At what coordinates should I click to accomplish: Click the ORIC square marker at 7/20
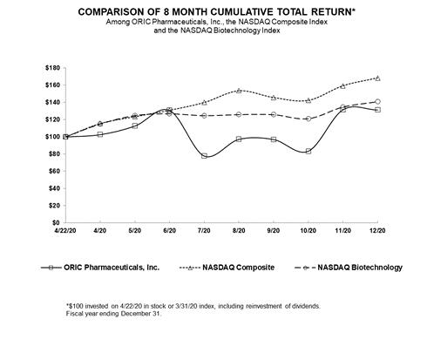point(204,156)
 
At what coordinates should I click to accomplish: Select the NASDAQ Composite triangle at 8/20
point(239,91)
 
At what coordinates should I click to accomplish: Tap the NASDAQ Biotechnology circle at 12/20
point(377,102)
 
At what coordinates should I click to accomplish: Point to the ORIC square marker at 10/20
point(309,152)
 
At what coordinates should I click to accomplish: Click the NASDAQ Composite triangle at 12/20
point(377,78)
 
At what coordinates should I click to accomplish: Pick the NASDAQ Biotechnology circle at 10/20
point(309,119)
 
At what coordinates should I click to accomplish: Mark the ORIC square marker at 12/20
point(377,110)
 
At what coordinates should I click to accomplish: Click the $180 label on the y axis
point(52,68)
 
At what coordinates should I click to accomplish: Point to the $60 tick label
point(54,171)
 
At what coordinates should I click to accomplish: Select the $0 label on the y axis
point(56,223)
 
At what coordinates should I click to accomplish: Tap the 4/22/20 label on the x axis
point(65,231)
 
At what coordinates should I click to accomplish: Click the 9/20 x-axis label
point(274,231)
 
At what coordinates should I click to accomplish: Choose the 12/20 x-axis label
point(377,231)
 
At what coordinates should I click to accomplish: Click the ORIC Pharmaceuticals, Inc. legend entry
point(100,268)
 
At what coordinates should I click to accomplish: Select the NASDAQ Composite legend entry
point(227,268)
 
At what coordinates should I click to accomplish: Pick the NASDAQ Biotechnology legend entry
point(349,268)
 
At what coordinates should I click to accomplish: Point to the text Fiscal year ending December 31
point(113,314)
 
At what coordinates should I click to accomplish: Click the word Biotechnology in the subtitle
point(236,31)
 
